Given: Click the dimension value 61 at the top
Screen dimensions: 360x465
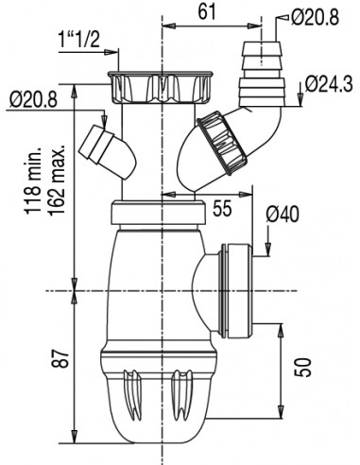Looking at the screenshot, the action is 207,12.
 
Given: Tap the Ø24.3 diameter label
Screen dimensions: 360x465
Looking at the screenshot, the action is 329,84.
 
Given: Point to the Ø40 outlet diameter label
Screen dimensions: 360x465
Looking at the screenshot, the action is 283,215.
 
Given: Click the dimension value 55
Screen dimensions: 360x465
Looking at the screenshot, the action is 222,208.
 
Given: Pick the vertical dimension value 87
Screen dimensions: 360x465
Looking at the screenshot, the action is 60,359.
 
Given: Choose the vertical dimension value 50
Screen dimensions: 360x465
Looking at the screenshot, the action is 302,368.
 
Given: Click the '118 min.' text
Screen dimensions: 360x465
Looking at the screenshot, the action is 33,181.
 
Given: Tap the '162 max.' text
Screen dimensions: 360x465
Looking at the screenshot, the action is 56,180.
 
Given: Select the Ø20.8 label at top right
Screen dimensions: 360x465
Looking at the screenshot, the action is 315,17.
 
